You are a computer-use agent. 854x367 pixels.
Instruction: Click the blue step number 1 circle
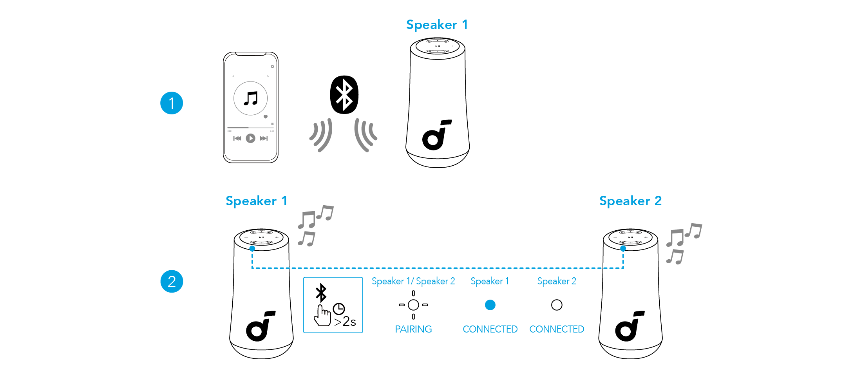coord(172,103)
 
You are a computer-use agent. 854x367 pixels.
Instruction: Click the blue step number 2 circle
coord(172,281)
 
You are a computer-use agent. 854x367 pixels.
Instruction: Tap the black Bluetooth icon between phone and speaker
coord(344,95)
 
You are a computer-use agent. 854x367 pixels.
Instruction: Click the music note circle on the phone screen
coord(251,98)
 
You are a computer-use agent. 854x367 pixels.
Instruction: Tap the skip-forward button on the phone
coord(264,138)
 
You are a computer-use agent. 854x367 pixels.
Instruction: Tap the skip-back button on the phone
coord(237,138)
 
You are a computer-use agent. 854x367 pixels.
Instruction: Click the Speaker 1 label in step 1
coord(437,25)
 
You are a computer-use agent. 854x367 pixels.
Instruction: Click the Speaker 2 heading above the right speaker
coord(630,201)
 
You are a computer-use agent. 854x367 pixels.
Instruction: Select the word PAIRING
coord(413,329)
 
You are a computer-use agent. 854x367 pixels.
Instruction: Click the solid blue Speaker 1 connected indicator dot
coord(490,305)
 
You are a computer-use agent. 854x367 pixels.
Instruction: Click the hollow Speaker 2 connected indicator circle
coord(557,305)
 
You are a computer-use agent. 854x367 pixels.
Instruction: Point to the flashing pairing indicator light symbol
coord(413,305)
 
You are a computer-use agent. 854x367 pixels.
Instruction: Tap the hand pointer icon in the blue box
coord(322,316)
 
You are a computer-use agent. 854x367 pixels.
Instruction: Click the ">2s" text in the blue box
coord(345,322)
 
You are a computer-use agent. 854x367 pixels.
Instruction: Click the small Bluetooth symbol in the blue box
coord(321,292)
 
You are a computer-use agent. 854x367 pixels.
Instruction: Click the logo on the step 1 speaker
coord(436,135)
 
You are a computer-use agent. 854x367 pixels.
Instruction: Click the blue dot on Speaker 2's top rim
coord(623,248)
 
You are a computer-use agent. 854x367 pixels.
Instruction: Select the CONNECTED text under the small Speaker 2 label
coord(557,329)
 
